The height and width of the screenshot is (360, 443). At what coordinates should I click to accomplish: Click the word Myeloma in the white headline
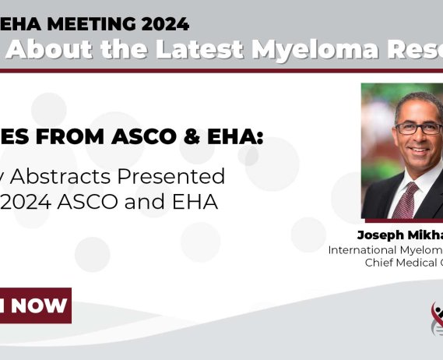pyautogui.click(x=313, y=50)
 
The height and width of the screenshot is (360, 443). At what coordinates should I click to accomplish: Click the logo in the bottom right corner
pyautogui.click(x=437, y=319)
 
